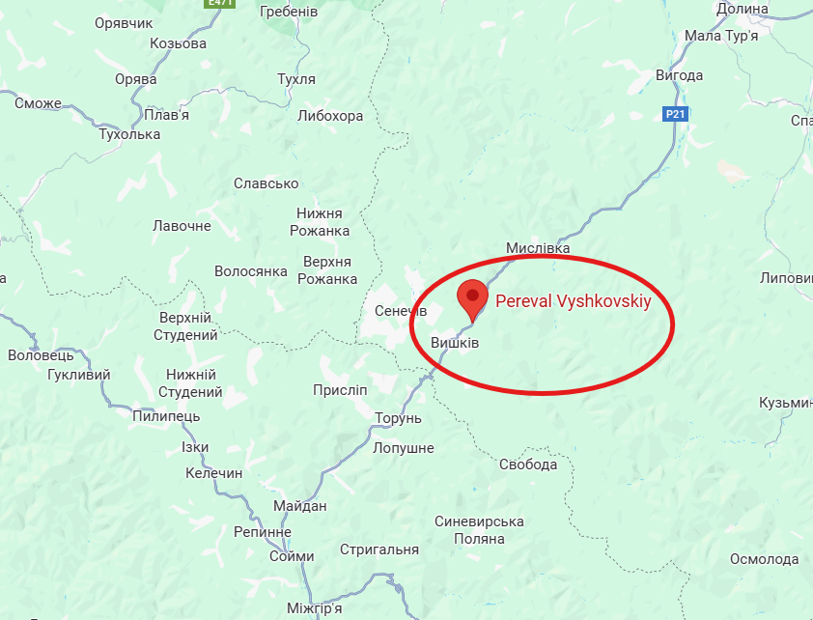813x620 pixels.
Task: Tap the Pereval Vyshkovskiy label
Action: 573,301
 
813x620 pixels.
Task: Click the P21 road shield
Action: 676,114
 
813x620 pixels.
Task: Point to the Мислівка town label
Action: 538,249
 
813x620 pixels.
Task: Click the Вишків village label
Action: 455,343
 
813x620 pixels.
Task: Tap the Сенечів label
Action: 400,311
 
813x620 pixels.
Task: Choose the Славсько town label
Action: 266,183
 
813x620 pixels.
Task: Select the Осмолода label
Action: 764,559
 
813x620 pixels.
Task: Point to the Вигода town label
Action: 706,75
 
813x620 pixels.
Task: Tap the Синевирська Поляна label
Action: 479,530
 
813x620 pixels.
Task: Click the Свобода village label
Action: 528,465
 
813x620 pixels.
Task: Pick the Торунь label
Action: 399,418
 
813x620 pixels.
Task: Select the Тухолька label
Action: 129,134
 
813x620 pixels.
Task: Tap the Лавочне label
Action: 182,226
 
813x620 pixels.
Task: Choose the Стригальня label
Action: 379,550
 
